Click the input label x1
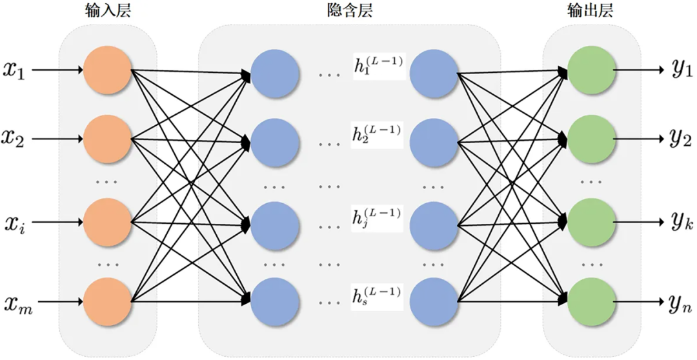(15, 71)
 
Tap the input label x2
(15, 139)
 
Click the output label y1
(682, 71)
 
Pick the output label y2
(682, 139)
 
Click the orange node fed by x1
(108, 70)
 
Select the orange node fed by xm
(108, 302)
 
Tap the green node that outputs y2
(592, 139)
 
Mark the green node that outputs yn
(592, 302)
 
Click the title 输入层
(108, 11)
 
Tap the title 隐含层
(349, 11)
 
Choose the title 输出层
(591, 11)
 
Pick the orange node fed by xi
(108, 222)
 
